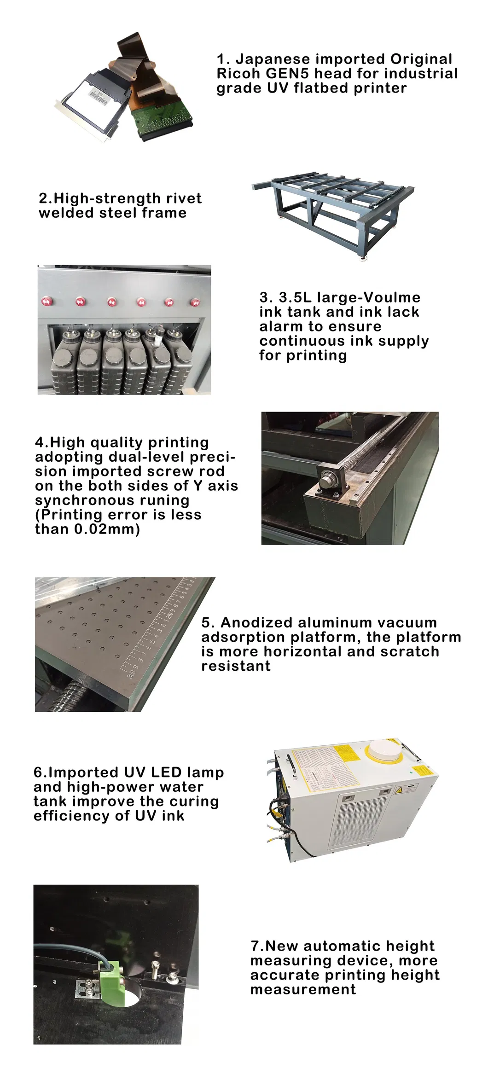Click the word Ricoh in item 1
238,74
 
